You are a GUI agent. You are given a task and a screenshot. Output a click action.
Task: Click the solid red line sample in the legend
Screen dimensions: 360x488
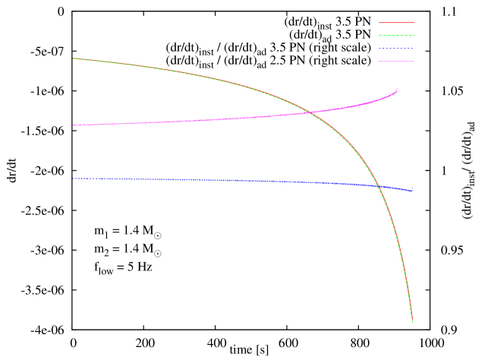click(x=397, y=23)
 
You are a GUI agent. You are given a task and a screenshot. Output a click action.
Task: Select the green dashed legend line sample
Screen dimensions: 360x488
click(x=397, y=36)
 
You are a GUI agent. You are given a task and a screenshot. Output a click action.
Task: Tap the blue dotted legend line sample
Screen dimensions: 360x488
click(x=397, y=49)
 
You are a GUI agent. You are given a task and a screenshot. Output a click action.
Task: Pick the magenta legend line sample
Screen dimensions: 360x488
click(x=397, y=62)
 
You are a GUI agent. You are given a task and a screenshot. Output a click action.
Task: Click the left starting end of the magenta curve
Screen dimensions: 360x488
click(x=74, y=125)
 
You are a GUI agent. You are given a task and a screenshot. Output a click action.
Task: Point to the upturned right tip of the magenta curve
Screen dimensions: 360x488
click(x=396, y=89)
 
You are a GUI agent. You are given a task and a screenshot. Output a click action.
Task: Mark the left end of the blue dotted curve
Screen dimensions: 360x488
click(x=74, y=178)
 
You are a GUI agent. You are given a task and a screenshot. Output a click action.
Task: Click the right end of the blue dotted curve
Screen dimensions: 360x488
click(x=412, y=191)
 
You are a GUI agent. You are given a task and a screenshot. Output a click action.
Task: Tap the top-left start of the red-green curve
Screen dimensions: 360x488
click(x=74, y=58)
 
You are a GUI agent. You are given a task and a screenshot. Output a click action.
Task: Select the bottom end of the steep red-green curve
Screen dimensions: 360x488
click(x=412, y=321)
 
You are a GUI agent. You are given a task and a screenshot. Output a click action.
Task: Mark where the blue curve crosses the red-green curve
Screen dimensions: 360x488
click(x=379, y=185)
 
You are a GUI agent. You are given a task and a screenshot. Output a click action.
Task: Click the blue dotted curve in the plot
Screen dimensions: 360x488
click(x=228, y=181)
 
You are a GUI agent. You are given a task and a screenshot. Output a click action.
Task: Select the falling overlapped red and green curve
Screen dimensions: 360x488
click(x=228, y=84)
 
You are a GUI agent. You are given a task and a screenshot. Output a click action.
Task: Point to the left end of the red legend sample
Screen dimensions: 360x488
click(x=379, y=23)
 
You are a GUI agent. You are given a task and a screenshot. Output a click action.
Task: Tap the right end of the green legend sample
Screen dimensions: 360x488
click(x=414, y=36)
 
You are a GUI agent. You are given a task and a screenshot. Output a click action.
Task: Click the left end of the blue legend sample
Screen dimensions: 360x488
click(x=379, y=49)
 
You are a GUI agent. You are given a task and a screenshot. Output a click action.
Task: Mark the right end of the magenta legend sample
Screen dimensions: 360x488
click(x=414, y=62)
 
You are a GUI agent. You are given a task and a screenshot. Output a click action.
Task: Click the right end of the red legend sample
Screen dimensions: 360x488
click(x=414, y=23)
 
